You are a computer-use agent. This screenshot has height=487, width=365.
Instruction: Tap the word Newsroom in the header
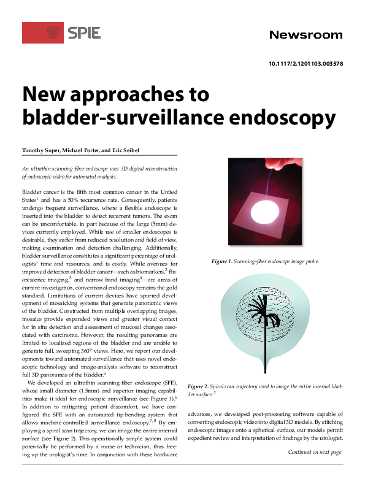[x=305, y=35]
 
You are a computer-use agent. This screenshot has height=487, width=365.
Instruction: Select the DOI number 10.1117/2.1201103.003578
[x=305, y=64]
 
